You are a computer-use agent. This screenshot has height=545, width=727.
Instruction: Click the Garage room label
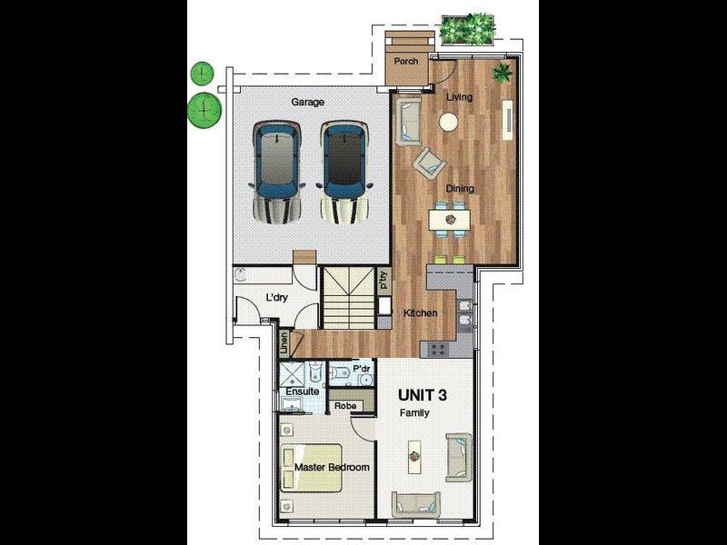tap(307, 102)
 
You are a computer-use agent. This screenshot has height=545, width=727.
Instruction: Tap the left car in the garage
tap(276, 173)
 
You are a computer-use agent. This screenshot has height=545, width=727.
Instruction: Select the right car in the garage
tap(344, 173)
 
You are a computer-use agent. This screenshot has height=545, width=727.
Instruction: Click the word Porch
tap(405, 61)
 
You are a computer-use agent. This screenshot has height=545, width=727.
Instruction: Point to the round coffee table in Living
tap(448, 123)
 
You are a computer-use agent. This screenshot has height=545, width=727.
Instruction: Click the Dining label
tap(460, 189)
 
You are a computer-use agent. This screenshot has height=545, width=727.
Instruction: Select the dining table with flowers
tap(449, 219)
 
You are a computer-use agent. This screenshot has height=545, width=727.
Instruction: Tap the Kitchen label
tap(420, 313)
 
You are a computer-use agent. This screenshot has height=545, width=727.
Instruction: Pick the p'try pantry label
tap(383, 281)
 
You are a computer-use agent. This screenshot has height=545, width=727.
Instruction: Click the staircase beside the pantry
tap(348, 298)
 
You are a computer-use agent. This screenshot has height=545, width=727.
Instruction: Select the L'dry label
tap(276, 298)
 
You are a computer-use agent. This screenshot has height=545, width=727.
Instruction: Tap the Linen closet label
tap(284, 343)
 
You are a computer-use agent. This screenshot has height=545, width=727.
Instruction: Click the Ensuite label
tap(303, 391)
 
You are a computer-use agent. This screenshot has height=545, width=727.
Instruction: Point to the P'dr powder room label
tap(361, 369)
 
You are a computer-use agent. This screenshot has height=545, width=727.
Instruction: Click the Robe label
tap(345, 406)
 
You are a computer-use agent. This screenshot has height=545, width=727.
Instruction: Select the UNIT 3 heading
tap(423, 395)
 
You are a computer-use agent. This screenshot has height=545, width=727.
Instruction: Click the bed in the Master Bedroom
tap(311, 468)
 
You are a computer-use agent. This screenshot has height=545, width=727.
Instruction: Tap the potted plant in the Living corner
tap(503, 73)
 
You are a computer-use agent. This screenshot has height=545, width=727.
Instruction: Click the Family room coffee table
tap(414, 457)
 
